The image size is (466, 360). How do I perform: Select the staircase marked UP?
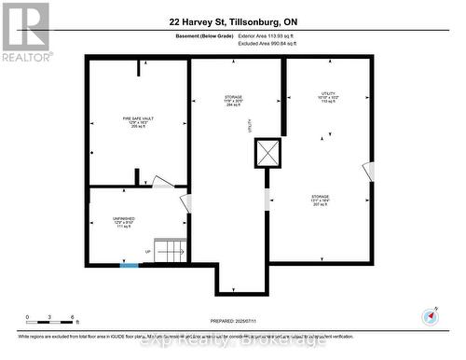coord(169,251)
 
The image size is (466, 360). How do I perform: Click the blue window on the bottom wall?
coord(129,266)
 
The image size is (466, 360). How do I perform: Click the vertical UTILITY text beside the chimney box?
coord(249,124)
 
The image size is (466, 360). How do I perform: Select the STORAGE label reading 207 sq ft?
coord(321,200)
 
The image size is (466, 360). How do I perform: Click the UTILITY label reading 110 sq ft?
coord(328,98)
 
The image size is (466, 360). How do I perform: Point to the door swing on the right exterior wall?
coord(368,173)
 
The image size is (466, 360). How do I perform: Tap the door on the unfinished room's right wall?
coord(185,203)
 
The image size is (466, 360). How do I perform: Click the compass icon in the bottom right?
coord(431,316)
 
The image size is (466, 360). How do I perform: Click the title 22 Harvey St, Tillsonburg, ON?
coord(232,20)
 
